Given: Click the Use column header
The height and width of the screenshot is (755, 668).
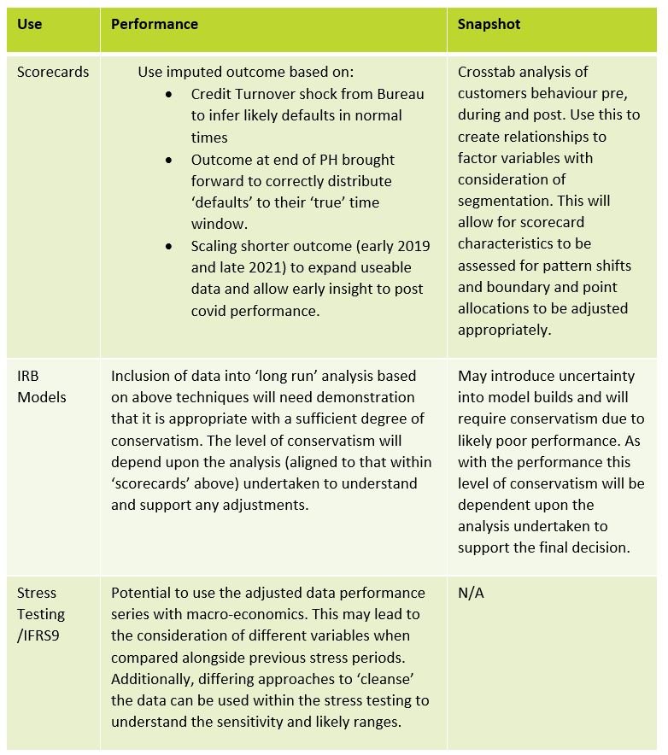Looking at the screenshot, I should (29, 25).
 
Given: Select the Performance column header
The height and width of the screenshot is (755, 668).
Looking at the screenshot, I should (154, 25).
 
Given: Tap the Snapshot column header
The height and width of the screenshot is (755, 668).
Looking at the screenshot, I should (489, 25).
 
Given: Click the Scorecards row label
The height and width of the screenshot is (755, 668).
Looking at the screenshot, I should (52, 73).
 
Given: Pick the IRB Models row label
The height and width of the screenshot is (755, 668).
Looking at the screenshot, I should (41, 386).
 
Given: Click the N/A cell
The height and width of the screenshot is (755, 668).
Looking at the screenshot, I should (471, 593).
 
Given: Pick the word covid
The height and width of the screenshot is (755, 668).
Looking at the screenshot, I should (210, 311).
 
